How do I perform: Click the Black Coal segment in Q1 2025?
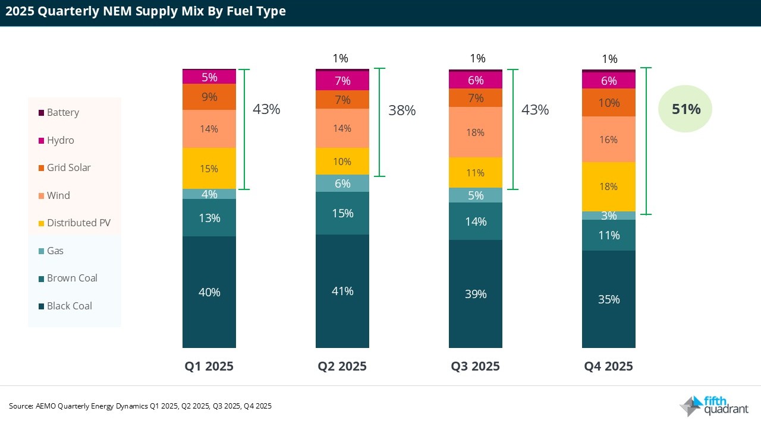209,292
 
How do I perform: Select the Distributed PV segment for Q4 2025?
608,186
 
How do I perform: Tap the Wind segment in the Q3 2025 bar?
475,132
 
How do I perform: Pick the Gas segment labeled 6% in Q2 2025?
342,184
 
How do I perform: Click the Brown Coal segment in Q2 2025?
342,213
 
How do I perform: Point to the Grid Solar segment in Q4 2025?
608,103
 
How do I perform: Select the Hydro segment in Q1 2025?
209,77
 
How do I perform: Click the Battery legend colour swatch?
41,113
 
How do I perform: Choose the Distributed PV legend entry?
78,223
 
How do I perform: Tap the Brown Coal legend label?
72,279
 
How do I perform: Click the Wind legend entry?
58,195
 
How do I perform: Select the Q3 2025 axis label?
475,366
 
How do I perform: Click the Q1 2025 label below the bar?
209,366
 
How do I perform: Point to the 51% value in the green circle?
685,109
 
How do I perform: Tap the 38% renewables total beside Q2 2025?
402,110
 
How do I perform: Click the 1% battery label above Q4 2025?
609,59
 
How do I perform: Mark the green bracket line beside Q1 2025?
247,129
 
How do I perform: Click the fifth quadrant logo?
714,406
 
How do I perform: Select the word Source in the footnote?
21,406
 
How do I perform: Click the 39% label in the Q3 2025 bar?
476,294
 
